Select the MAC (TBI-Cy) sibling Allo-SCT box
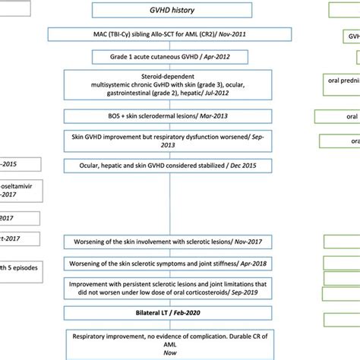pyautogui.click(x=179, y=35)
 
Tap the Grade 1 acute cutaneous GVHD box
pyautogui.click(x=179, y=57)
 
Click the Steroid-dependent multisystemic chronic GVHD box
pyautogui.click(x=179, y=89)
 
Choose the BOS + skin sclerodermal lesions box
pyautogui.click(x=179, y=118)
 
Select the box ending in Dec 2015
pyautogui.click(x=179, y=165)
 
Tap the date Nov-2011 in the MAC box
pyautogui.click(x=252, y=35)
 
